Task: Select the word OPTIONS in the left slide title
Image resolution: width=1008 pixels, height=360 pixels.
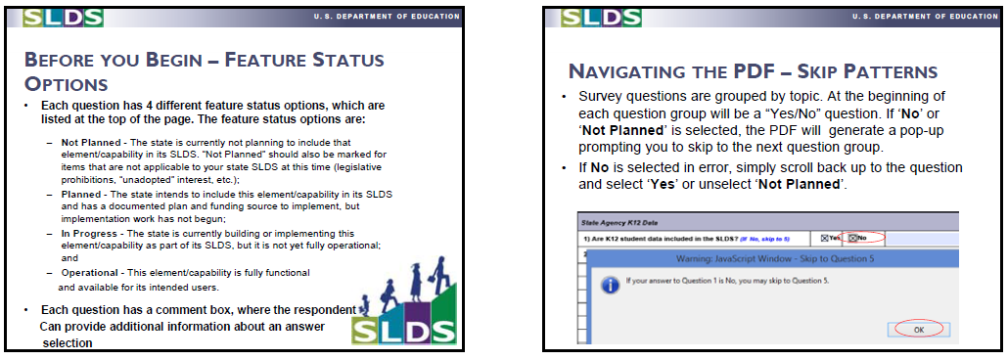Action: [x=66, y=84]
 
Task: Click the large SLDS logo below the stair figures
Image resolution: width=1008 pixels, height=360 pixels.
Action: [x=404, y=331]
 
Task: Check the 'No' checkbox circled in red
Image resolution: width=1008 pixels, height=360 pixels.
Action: [x=853, y=238]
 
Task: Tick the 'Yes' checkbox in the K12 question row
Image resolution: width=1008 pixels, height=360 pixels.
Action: [x=825, y=238]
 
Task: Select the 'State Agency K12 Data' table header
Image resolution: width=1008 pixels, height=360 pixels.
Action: [x=612, y=223]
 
